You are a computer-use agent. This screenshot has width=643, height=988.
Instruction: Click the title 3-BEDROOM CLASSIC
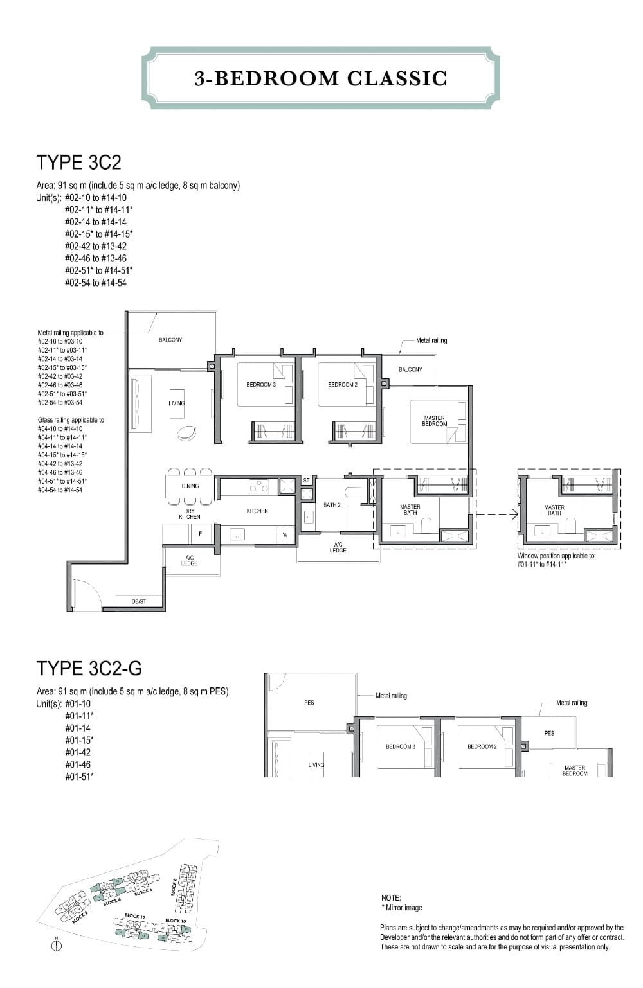tap(320, 78)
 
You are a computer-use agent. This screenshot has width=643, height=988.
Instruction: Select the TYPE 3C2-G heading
tap(89, 669)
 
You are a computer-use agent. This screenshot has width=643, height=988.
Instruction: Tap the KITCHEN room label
tap(257, 511)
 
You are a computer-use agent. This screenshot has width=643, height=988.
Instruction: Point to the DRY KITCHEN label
tap(189, 514)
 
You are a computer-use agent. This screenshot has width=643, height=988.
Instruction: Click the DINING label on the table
tap(190, 486)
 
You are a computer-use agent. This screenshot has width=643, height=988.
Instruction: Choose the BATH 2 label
tap(332, 506)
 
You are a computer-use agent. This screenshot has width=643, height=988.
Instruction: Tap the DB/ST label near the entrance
tap(139, 601)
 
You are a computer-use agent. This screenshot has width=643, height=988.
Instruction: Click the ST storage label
tap(306, 481)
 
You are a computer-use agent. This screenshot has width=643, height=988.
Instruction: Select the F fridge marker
tap(200, 534)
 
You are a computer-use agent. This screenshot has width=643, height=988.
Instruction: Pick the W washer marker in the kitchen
tap(285, 534)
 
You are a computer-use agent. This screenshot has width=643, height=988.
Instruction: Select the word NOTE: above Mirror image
tap(391, 898)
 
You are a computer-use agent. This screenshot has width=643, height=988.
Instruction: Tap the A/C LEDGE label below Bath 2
tap(338, 547)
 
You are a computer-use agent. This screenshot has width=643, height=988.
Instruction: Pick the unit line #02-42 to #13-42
tap(96, 246)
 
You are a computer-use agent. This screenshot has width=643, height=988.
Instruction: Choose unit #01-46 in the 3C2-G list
tap(78, 764)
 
